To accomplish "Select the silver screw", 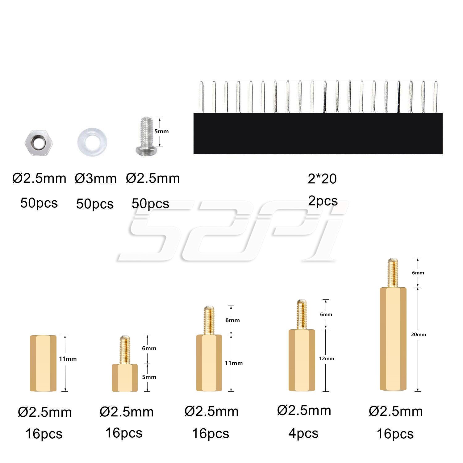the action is (x=146, y=136).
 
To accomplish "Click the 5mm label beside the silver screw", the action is (x=161, y=131).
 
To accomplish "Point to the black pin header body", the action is (x=318, y=133).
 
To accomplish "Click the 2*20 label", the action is (x=322, y=179).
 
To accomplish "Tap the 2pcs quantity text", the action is (x=323, y=201).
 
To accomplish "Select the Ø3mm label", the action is (x=96, y=179).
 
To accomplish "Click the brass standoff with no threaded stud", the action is (x=43, y=363).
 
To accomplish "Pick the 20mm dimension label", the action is (x=419, y=335).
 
